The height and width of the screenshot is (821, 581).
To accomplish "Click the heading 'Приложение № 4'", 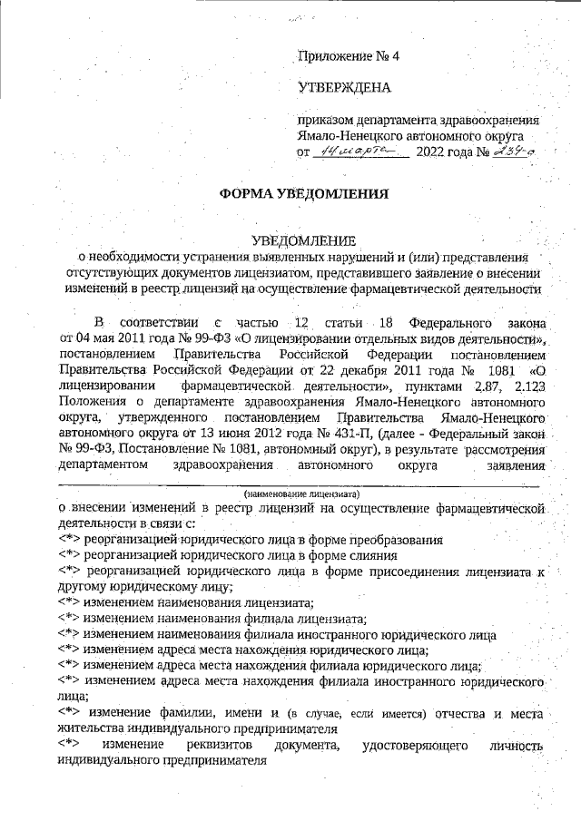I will coord(349,56).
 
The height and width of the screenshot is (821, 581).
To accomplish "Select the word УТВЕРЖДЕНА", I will coord(344,88).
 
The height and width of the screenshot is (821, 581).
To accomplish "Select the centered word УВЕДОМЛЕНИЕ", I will coord(303,241).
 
